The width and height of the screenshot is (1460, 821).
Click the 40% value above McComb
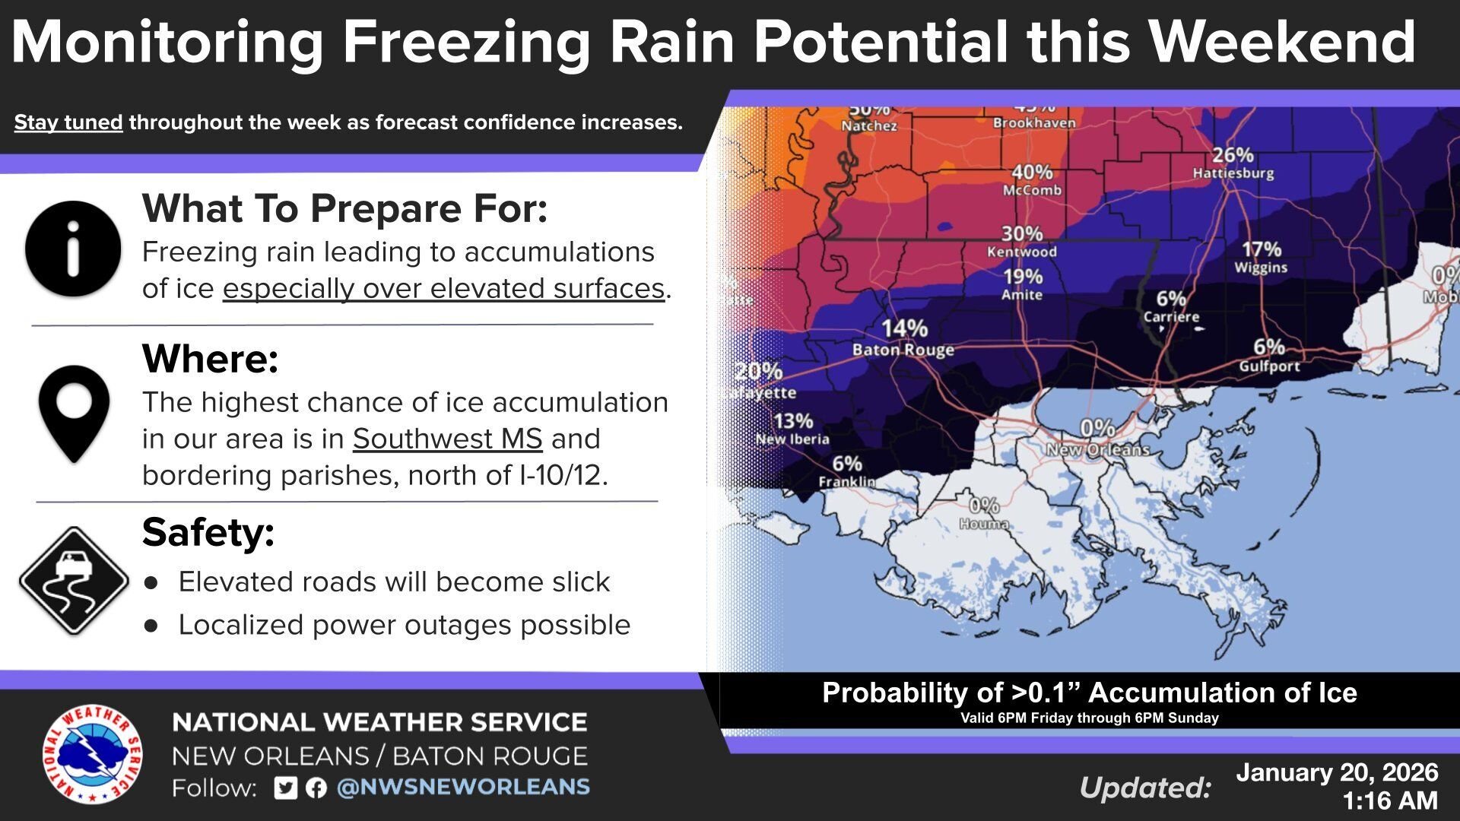(1032, 173)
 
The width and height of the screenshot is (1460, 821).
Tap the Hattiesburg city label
(1233, 173)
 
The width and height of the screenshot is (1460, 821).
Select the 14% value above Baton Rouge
(904, 328)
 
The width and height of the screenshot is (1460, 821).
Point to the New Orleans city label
(1097, 450)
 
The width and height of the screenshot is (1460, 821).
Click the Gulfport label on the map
(1269, 366)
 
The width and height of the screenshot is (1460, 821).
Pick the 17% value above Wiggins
(1262, 249)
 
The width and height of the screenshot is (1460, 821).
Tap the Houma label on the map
(984, 524)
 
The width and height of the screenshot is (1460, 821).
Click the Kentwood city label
(1021, 252)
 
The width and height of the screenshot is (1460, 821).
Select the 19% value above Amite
(1022, 277)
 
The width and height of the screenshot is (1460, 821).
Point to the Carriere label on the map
(1171, 317)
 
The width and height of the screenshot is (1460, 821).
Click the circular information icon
(73, 249)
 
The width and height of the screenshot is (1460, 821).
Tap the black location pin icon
(74, 413)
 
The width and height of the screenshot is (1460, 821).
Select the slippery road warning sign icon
(74, 581)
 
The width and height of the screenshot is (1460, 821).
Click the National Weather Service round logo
(92, 753)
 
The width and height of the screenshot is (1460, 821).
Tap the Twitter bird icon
(286, 788)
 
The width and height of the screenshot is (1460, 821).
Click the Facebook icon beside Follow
(316, 788)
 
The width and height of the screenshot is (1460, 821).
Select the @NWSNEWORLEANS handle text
(463, 787)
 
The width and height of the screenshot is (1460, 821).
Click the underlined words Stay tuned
(68, 122)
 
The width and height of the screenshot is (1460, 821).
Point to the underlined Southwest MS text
(447, 439)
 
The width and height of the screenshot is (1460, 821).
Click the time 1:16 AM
(1389, 800)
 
